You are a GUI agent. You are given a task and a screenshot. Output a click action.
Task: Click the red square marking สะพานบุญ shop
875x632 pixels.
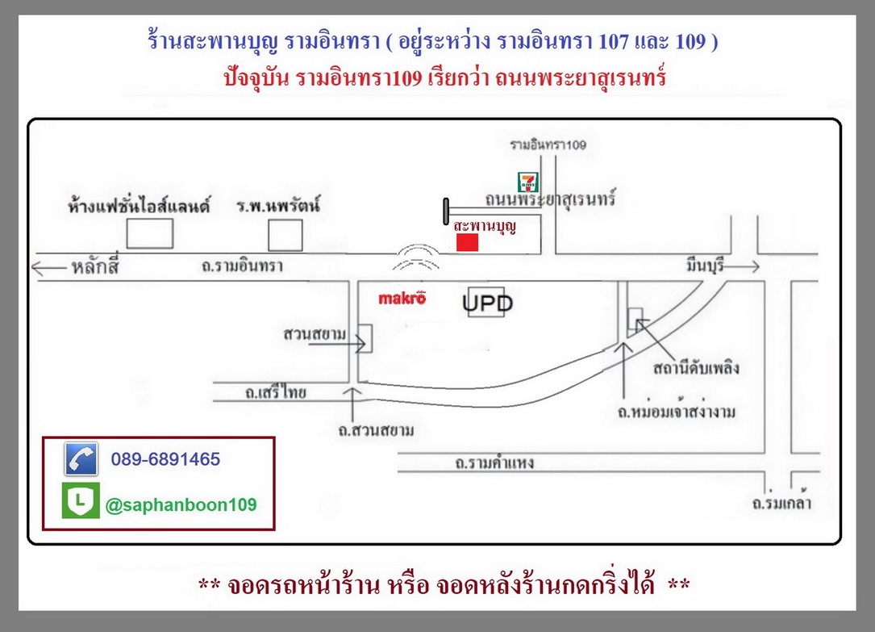[x=467, y=242]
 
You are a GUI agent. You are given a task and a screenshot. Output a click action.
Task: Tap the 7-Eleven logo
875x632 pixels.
[x=527, y=182]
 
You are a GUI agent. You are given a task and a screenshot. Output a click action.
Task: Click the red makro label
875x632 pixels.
[x=402, y=298]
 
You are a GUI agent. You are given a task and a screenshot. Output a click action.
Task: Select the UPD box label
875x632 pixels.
[x=487, y=303]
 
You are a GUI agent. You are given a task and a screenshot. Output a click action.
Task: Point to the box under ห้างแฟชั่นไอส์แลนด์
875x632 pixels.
[x=149, y=233]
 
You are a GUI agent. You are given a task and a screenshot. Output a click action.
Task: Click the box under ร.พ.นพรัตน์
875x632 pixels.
[x=285, y=235]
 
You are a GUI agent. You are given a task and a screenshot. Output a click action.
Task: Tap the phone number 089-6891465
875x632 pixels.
[x=166, y=459]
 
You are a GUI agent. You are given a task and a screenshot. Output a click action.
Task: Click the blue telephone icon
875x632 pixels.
[x=81, y=459]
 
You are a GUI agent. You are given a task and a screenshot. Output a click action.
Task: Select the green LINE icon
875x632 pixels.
[x=81, y=500]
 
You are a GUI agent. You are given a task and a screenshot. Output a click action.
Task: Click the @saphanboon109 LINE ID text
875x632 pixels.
[x=181, y=504]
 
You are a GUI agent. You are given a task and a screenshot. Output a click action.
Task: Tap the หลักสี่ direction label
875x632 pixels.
[x=95, y=266]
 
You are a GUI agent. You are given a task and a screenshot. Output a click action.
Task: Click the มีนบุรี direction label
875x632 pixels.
[x=706, y=266]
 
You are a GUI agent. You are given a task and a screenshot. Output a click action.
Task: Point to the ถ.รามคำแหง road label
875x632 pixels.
[x=494, y=462]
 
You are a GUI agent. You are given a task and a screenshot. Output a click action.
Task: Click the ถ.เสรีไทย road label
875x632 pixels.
[x=276, y=392]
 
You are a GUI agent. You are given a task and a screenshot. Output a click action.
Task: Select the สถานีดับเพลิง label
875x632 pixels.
[x=697, y=368]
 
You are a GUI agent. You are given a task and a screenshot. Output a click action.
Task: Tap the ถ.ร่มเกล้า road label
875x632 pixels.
[x=781, y=503]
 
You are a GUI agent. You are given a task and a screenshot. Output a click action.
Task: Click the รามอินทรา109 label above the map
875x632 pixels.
[x=548, y=145]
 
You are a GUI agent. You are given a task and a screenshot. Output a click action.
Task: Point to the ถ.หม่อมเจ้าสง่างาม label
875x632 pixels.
[x=677, y=412]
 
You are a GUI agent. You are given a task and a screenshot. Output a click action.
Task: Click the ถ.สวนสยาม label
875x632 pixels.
[x=376, y=430]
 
